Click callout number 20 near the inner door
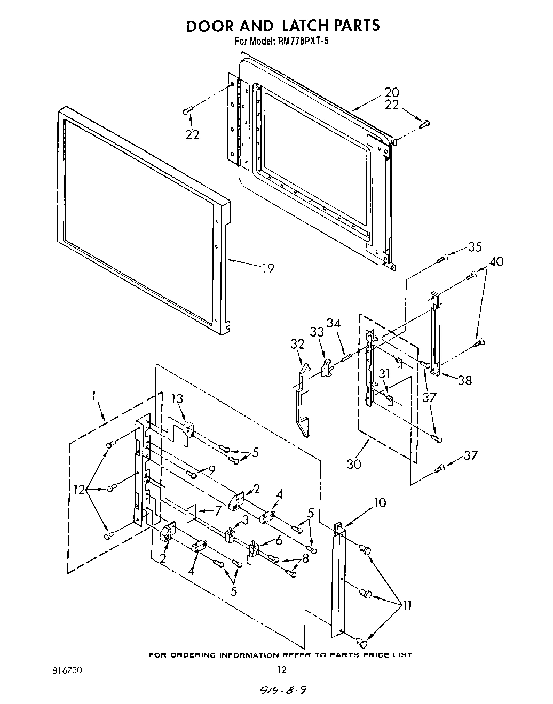(392, 93)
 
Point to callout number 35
(475, 247)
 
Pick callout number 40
(496, 262)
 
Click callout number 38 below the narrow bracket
(465, 380)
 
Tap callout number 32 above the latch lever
(297, 344)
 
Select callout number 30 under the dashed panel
(354, 464)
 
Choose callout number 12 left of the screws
(80, 490)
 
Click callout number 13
(177, 399)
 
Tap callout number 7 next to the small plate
(218, 511)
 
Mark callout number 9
(211, 470)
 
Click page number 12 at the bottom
(282, 670)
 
